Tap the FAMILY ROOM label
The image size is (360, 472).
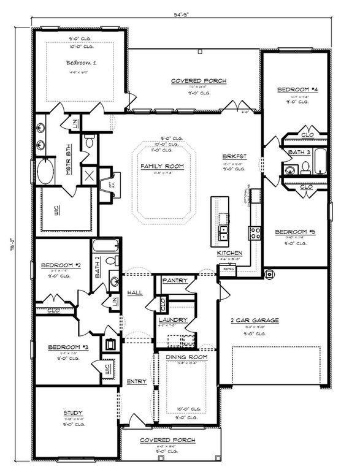coord(163,166)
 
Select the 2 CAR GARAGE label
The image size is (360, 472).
coord(254,320)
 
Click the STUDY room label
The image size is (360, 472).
coord(72,413)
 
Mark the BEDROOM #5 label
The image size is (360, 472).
coord(294,232)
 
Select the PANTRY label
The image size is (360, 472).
coord(174,280)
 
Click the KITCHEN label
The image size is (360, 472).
coord(229,253)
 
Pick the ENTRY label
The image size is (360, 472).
coord(136,381)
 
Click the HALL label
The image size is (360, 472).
coord(134,292)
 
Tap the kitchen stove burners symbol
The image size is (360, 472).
coord(254,232)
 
